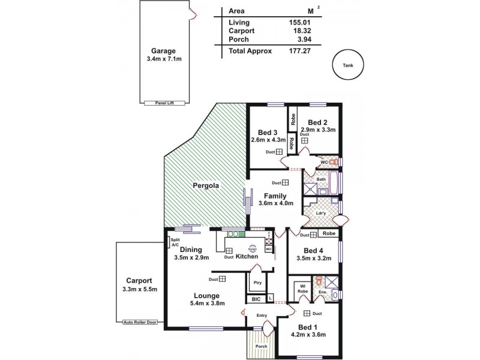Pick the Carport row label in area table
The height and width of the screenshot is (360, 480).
(241, 31)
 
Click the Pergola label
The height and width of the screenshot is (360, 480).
(205, 186)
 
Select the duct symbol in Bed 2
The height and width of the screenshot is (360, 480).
(304, 140)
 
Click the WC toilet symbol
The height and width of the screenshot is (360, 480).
(334, 162)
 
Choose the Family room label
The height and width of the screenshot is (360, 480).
(275, 196)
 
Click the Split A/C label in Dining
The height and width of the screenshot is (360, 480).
(175, 242)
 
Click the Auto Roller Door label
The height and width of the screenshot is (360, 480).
(140, 322)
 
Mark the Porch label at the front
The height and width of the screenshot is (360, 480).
(261, 346)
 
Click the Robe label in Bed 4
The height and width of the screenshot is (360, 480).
(328, 233)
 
